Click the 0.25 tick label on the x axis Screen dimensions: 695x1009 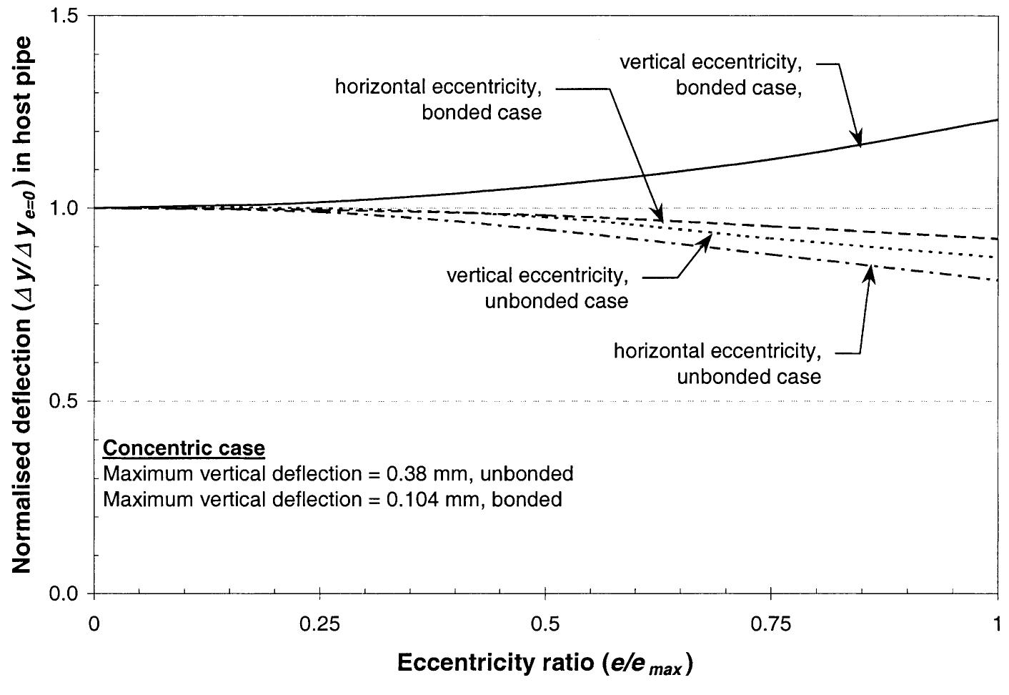[319, 624]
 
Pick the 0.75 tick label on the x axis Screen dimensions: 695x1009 [771, 624]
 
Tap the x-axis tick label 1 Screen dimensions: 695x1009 [998, 624]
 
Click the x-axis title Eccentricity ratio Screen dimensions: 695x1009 [545, 664]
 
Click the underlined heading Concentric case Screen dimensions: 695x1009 [184, 448]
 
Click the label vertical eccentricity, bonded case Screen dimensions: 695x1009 [710, 75]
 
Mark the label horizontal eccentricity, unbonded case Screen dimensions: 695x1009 [717, 363]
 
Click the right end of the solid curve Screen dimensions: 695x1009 [997, 119]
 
